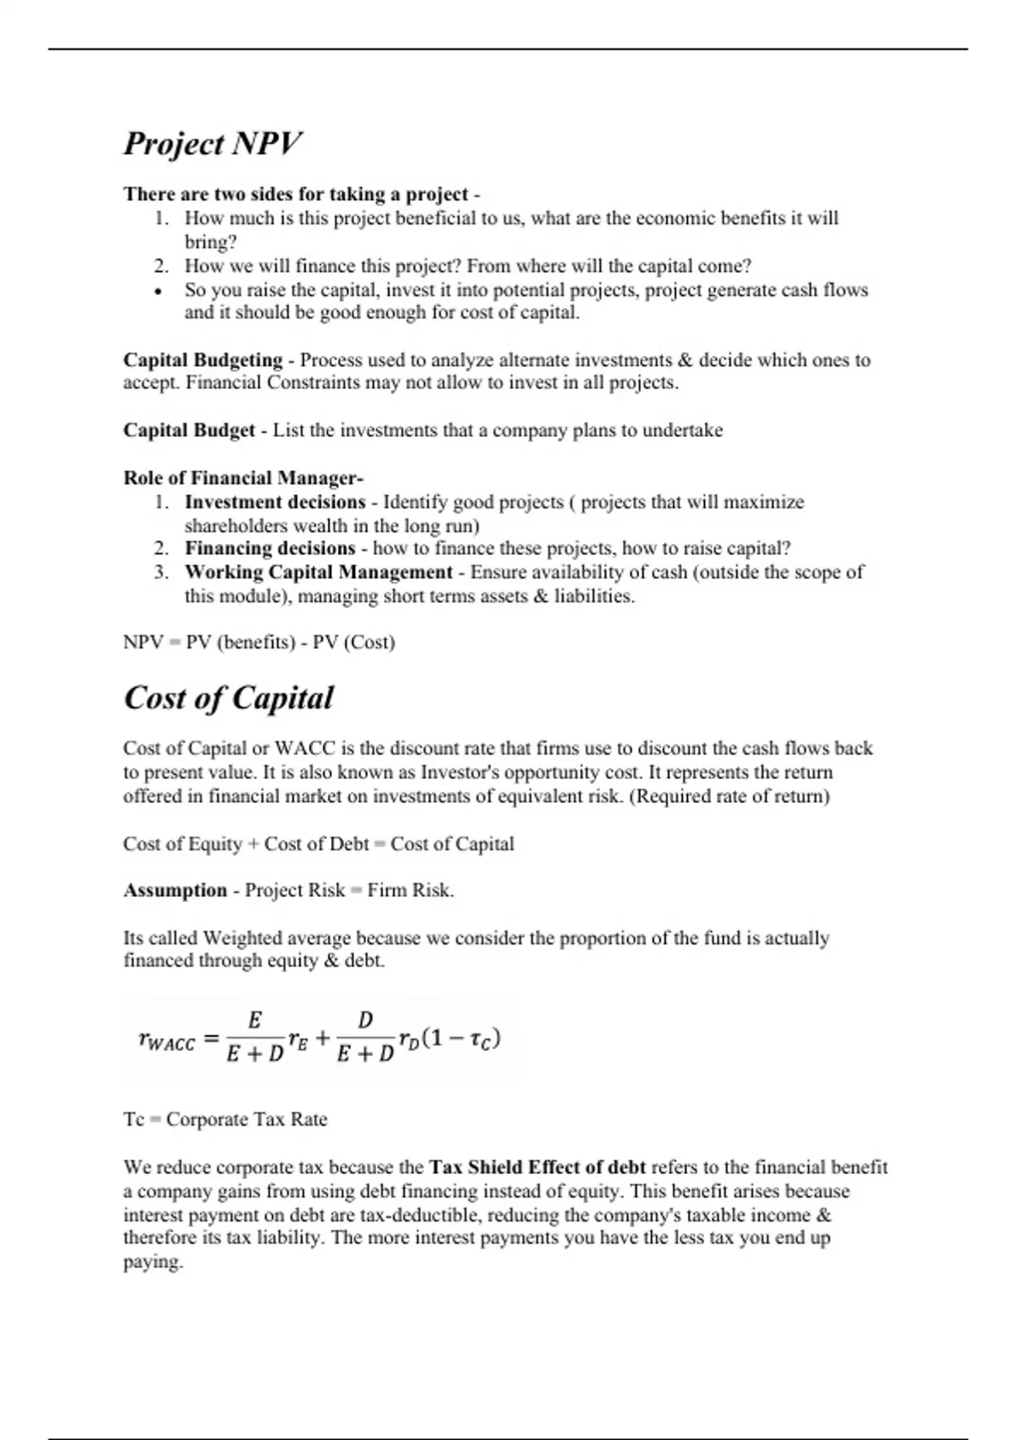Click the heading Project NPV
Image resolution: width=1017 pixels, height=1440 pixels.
click(x=212, y=143)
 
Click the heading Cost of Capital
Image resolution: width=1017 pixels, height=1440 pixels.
click(x=228, y=698)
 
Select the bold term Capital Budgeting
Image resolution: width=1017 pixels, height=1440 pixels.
click(x=203, y=360)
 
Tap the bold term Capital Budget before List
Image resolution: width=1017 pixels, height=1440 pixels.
click(x=189, y=430)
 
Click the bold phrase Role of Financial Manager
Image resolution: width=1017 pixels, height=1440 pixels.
click(x=243, y=478)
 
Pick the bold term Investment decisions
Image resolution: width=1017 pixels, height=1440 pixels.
click(x=275, y=502)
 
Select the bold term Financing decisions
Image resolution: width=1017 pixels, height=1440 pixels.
click(x=270, y=548)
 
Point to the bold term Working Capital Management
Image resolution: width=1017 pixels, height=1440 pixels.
click(x=319, y=573)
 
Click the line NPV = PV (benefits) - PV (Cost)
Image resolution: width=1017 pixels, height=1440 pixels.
click(x=258, y=642)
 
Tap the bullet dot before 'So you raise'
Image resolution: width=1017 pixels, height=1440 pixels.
click(x=158, y=291)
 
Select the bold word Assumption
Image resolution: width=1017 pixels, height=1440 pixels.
click(x=175, y=890)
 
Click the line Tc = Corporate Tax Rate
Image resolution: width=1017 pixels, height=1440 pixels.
click(x=225, y=1119)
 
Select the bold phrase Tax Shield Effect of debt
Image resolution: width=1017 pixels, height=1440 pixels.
click(x=537, y=1167)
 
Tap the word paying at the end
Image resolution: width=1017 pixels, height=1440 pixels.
click(x=153, y=1262)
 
